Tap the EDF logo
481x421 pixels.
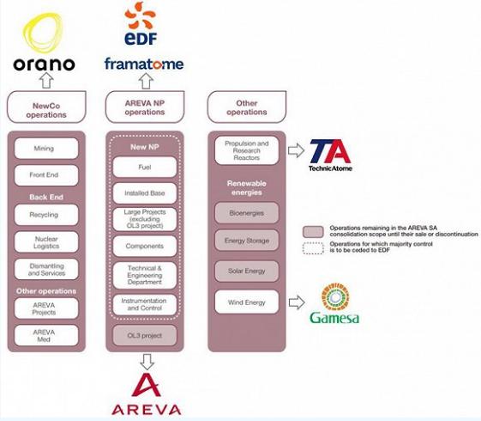point(141,23)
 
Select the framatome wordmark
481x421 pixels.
point(144,64)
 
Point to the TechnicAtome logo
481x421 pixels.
point(330,156)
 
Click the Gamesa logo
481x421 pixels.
point(334,303)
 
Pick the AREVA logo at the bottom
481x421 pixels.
point(147,394)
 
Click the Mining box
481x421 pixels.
point(46,149)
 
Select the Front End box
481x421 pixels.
point(46,175)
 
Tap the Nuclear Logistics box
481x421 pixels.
point(46,242)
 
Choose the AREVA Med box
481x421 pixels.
point(46,336)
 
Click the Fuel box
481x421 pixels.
point(145,168)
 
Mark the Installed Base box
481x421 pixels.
point(145,193)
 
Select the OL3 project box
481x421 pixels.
point(145,335)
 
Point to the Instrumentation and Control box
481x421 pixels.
point(145,304)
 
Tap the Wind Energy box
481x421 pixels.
point(247,302)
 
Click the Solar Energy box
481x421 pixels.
point(247,271)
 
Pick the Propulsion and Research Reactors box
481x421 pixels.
point(247,150)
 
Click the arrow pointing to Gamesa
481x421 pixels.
point(297,302)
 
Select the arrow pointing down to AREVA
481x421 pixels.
point(147,362)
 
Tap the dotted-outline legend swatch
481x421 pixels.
point(313,248)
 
